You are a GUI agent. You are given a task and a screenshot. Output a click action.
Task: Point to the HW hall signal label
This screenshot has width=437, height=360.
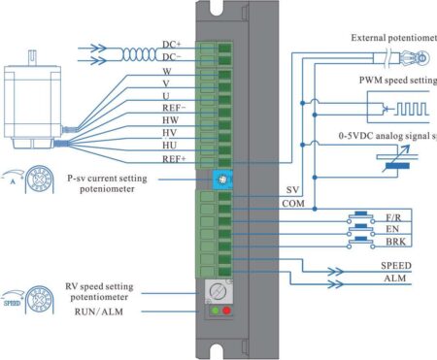[167, 121]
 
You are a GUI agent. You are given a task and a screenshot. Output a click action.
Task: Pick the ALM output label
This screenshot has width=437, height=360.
[393, 278]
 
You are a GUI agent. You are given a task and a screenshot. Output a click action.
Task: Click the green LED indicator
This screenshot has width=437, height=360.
[212, 311]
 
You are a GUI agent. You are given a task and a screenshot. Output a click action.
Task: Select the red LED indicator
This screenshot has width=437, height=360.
[228, 311]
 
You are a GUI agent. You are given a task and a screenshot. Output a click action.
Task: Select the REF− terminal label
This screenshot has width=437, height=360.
[175, 108]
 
